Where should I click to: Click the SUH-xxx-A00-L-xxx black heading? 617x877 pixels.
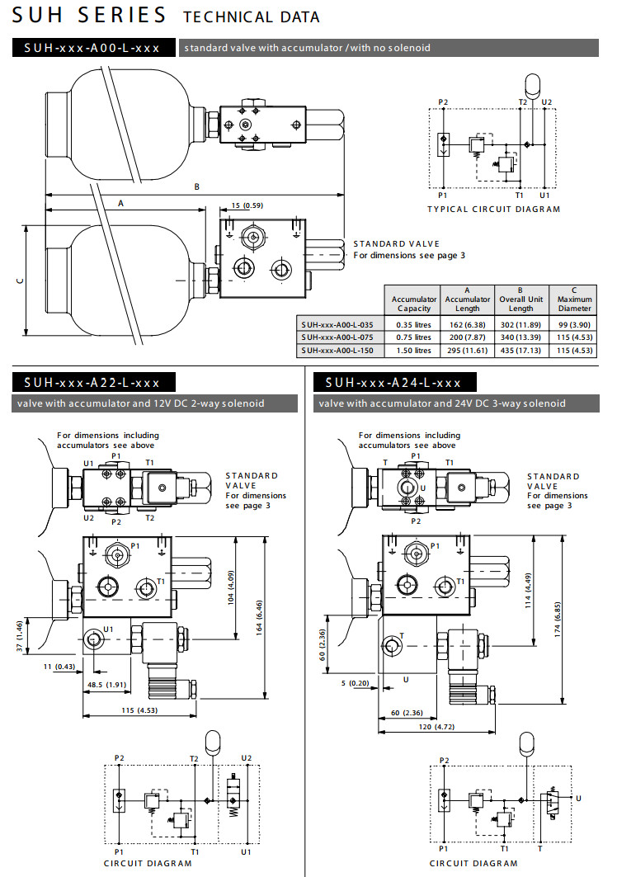click(x=92, y=48)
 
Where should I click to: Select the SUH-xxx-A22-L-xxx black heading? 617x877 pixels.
click(x=92, y=382)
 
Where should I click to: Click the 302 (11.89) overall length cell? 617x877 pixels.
click(x=520, y=323)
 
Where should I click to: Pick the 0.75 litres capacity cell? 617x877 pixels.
click(x=413, y=337)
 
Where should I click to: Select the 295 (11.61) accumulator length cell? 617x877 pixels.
click(x=467, y=350)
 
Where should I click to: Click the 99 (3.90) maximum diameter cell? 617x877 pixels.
click(x=575, y=323)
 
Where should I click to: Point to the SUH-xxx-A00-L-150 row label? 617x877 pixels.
click(x=338, y=350)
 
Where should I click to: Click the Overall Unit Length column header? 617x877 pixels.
click(x=520, y=299)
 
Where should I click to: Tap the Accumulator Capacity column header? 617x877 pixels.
click(x=414, y=303)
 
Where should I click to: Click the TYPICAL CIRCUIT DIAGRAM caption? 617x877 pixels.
click(x=493, y=209)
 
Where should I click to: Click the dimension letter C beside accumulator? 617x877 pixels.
click(x=19, y=280)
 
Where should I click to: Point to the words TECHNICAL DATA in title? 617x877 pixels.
click(x=251, y=17)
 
